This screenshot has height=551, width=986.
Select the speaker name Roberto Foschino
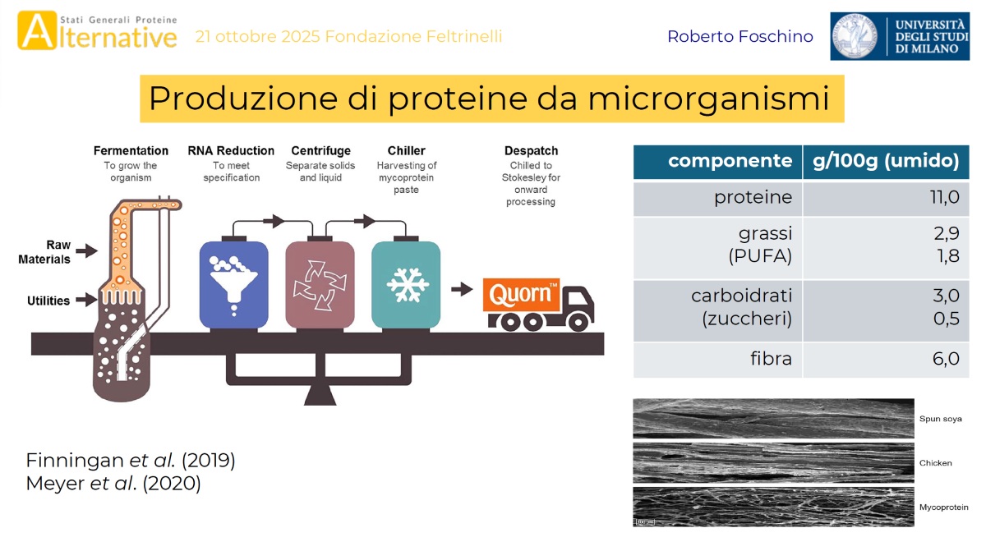pyautogui.click(x=739, y=37)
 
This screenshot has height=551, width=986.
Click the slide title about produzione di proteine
pyautogui.click(x=491, y=99)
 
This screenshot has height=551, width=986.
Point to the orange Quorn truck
pyautogui.click(x=538, y=304)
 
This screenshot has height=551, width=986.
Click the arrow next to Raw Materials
pyautogui.click(x=85, y=250)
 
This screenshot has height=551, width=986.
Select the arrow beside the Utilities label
pyautogui.click(x=85, y=301)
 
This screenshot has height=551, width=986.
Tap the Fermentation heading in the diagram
pyautogui.click(x=131, y=151)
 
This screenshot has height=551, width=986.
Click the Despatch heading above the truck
pyautogui.click(x=531, y=151)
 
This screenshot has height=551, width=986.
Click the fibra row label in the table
pyautogui.click(x=771, y=360)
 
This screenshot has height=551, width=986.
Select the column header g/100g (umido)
pyautogui.click(x=886, y=161)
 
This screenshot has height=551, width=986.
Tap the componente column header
pyautogui.click(x=730, y=161)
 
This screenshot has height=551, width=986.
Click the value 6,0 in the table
pyautogui.click(x=945, y=360)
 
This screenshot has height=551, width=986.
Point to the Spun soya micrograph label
pyautogui.click(x=940, y=419)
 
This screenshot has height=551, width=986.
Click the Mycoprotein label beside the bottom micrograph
pyautogui.click(x=943, y=507)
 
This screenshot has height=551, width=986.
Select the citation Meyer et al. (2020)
pyautogui.click(x=113, y=484)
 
